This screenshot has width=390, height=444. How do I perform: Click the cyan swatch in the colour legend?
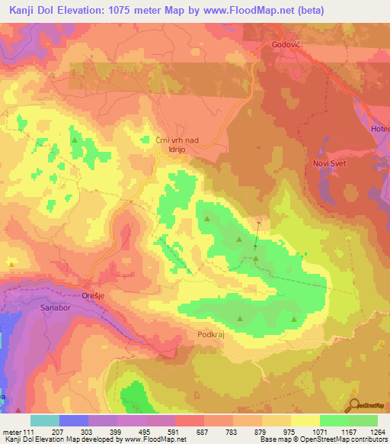45,420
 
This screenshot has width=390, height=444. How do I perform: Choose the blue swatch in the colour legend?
74,420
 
